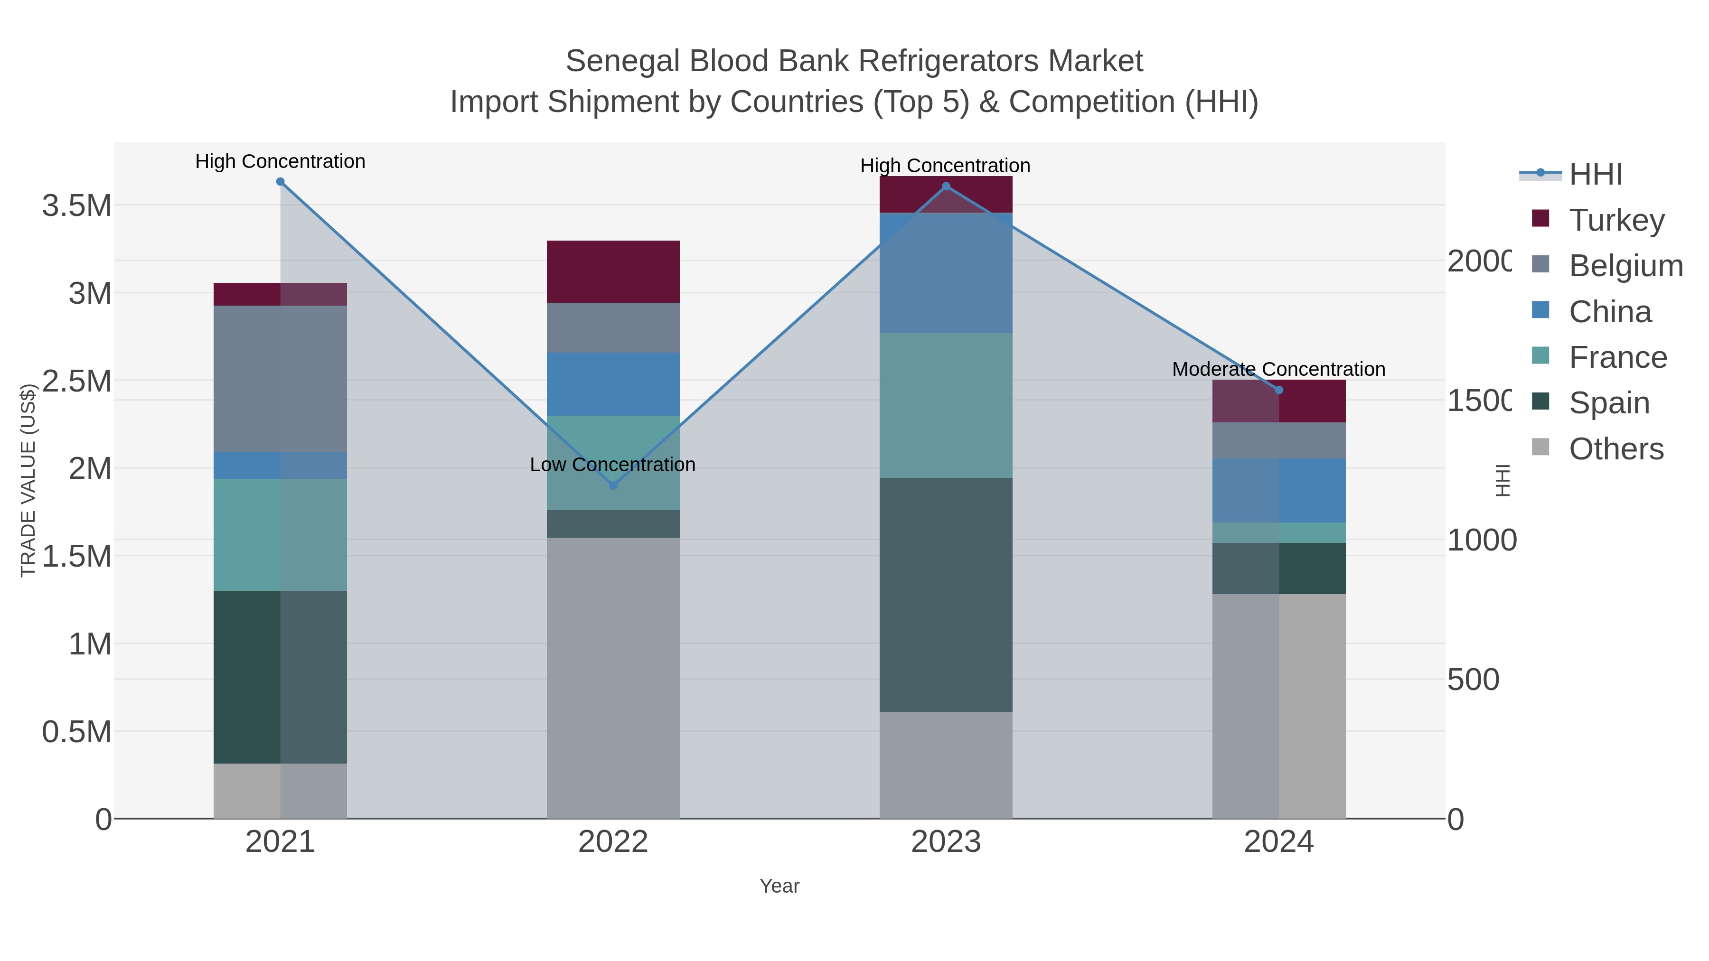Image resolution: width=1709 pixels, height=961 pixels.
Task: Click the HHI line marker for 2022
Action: tap(613, 485)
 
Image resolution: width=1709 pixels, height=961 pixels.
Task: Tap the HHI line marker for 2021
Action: tap(280, 182)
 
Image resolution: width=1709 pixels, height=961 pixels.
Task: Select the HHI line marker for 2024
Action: tap(1279, 390)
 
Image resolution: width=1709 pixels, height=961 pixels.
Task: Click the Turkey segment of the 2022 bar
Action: tap(613, 272)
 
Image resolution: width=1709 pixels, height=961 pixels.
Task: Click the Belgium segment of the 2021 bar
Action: tap(280, 379)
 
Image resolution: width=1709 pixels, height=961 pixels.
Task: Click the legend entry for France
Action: tap(1617, 357)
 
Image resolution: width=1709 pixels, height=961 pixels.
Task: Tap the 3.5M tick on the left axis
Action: tap(77, 205)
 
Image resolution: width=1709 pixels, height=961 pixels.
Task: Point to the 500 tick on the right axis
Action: tap(1473, 680)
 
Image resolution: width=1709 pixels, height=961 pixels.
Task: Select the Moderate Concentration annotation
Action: tap(1278, 369)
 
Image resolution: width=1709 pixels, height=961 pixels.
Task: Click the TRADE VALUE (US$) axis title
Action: tap(28, 480)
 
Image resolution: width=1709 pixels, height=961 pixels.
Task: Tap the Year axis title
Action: tap(779, 886)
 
